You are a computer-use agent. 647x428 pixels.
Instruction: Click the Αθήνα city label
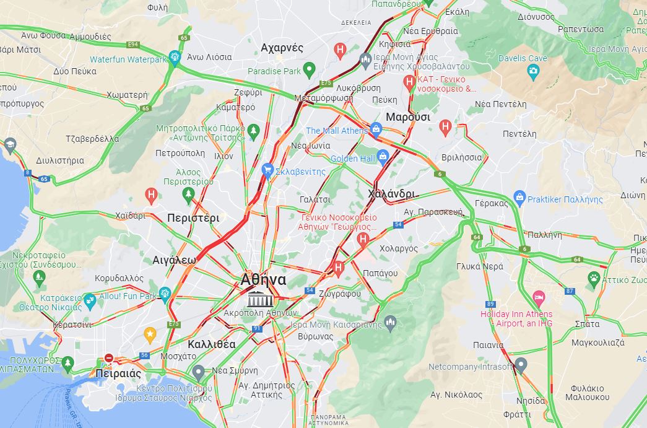click(263, 279)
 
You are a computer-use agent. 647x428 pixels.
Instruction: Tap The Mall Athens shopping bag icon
click(375, 129)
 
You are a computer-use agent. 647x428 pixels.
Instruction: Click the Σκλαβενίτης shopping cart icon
click(267, 170)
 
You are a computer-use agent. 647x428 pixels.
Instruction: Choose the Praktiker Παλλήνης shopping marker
click(520, 199)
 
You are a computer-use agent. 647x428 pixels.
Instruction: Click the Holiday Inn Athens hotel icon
click(538, 298)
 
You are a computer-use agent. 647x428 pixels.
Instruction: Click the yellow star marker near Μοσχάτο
click(150, 335)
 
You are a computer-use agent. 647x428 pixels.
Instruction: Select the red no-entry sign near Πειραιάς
click(109, 357)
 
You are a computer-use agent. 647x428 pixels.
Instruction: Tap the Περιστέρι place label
click(193, 218)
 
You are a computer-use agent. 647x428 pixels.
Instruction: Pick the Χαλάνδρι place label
click(391, 194)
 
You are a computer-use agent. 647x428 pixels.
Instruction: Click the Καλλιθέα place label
click(211, 344)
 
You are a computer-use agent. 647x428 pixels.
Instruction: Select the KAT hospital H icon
click(409, 81)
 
